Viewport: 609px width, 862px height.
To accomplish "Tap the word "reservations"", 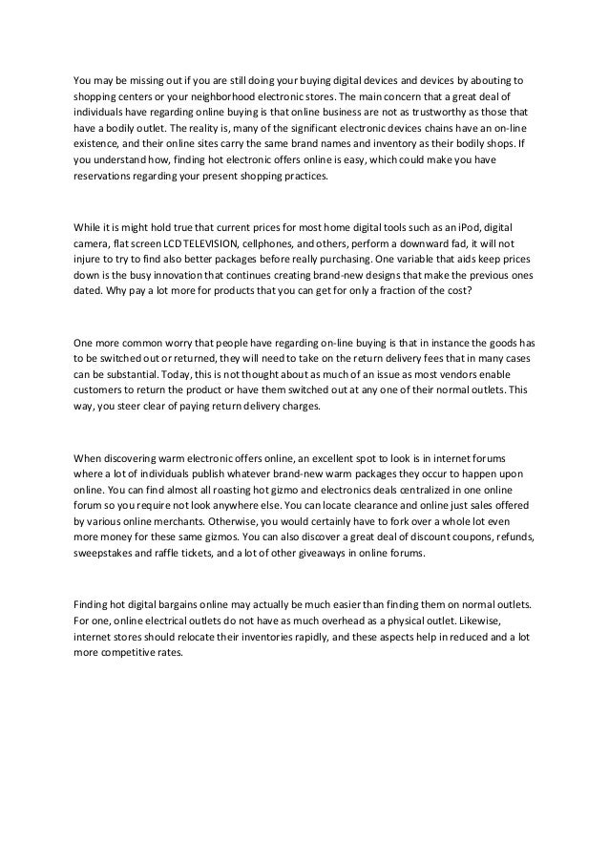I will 105,177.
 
